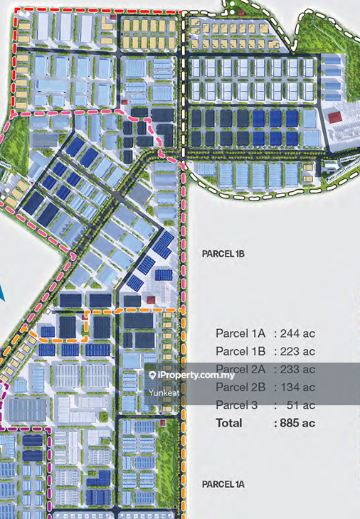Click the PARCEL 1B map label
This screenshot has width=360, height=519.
[223, 252]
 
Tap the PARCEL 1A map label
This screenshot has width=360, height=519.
[223, 484]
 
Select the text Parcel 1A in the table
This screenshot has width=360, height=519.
[240, 333]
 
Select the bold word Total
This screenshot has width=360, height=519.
[229, 423]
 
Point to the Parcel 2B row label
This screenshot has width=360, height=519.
[240, 387]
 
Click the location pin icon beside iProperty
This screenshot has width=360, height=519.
[152, 375]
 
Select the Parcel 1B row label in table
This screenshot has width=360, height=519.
[240, 351]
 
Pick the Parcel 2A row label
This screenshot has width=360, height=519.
[240, 369]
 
